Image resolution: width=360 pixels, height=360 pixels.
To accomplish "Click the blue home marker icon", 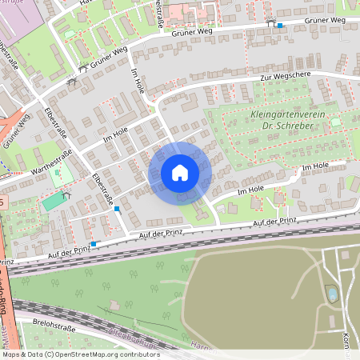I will click(180, 173).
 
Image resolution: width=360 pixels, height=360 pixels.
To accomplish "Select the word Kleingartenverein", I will click(289, 114).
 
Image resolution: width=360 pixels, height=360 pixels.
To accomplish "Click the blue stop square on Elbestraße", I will click(118, 209).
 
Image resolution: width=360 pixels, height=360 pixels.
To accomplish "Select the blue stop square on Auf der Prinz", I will click(94, 243).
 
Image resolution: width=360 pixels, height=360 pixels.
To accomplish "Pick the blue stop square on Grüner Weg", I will click(280, 26).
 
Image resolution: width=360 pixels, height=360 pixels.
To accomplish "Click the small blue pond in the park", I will click(332, 295).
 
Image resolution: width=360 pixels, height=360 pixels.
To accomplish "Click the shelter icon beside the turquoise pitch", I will click(66, 194).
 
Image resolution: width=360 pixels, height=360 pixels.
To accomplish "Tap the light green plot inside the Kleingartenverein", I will click(335, 122).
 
